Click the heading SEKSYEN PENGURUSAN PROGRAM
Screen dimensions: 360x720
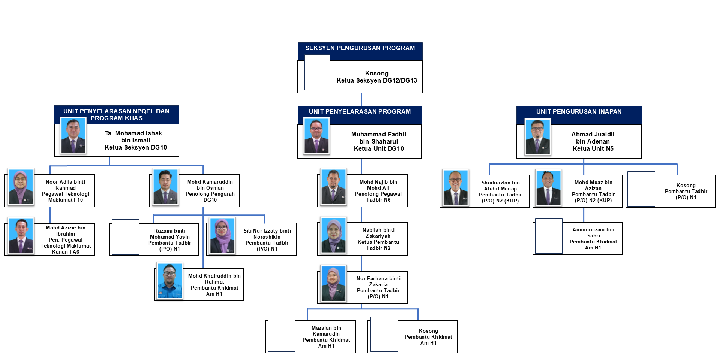click(x=360, y=48)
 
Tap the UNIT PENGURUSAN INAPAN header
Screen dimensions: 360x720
click(x=579, y=111)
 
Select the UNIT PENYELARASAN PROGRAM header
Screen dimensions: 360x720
click(x=360, y=111)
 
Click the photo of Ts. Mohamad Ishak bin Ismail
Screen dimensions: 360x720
click(x=73, y=136)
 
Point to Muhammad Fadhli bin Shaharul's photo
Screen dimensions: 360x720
click(x=316, y=136)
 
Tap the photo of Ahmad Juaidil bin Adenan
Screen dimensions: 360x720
click(x=537, y=136)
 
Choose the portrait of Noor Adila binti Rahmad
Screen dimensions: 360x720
click(x=21, y=187)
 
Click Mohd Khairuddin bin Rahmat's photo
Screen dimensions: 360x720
click(x=170, y=280)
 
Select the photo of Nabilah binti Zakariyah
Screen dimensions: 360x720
click(x=333, y=235)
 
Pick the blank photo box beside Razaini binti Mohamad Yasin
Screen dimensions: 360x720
click(x=125, y=237)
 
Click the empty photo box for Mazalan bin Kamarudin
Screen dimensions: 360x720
click(x=282, y=334)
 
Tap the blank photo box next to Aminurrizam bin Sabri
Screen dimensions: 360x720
click(x=549, y=236)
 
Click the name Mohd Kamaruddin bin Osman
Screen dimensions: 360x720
click(x=210, y=185)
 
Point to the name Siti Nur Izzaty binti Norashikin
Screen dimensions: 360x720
click(x=267, y=234)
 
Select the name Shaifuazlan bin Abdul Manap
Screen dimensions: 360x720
click(x=500, y=186)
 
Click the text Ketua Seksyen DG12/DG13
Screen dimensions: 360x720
click(x=376, y=80)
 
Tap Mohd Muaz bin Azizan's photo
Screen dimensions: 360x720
click(x=548, y=188)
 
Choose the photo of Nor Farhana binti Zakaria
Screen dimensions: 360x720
click(x=333, y=283)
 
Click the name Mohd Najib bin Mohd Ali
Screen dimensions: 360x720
click(x=378, y=185)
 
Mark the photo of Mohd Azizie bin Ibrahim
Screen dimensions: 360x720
click(x=21, y=236)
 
